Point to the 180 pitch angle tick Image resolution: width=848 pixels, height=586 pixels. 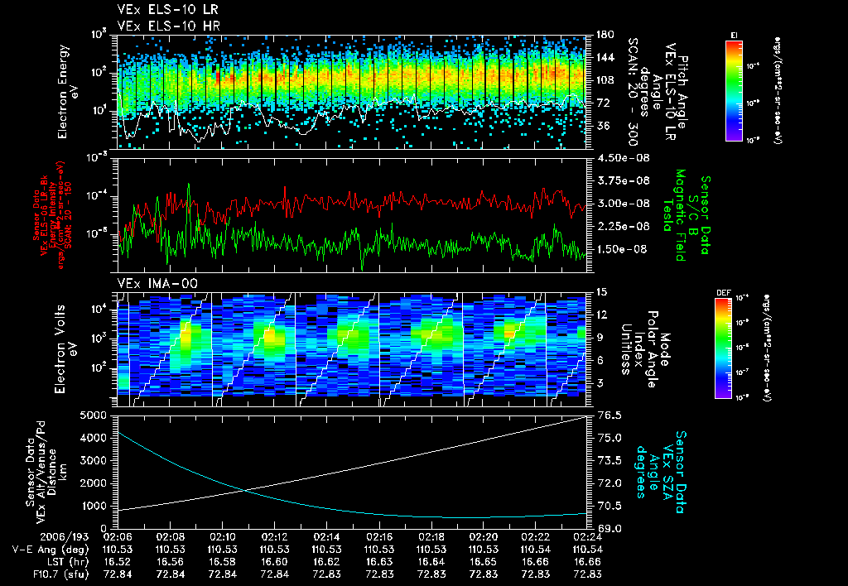pos(598,34)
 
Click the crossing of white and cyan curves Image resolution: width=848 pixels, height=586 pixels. pos(245,491)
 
